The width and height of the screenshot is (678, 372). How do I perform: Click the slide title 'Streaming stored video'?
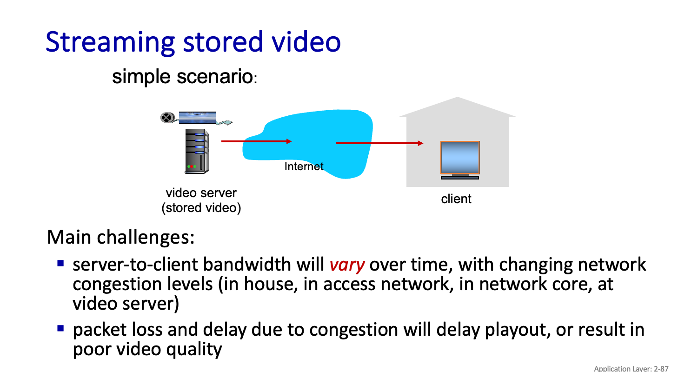coord(193,42)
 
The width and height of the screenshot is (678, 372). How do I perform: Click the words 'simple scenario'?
coord(182,77)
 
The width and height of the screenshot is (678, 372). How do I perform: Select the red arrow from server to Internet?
coord(256,141)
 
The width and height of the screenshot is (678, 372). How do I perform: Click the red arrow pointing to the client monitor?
coord(379,143)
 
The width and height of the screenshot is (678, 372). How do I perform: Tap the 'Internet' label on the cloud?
coord(304,166)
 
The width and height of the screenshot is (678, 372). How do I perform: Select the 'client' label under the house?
coord(456,199)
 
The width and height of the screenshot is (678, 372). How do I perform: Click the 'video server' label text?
coord(201,193)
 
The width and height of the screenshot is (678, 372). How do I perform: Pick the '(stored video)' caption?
coord(201,208)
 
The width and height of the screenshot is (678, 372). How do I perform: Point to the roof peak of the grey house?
coord(458,99)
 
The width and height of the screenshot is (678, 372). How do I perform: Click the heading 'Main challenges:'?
coord(120,237)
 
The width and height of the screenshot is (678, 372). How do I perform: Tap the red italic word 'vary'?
coord(347,265)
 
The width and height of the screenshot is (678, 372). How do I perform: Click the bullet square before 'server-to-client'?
coord(60,263)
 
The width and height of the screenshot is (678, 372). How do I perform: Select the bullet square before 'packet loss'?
coord(60,328)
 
